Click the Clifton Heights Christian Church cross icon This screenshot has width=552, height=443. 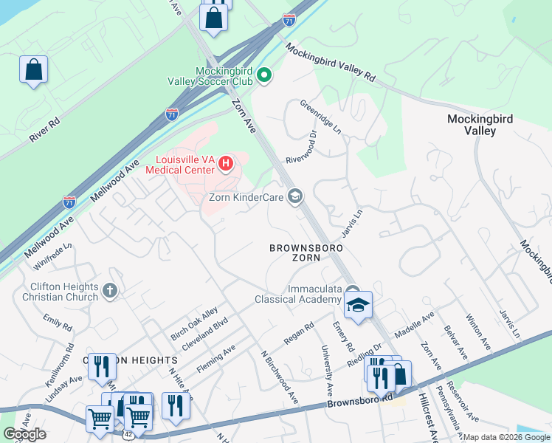coord(110,290)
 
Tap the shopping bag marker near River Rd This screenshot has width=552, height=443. coord(33,70)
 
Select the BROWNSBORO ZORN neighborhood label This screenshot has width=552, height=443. coord(294,252)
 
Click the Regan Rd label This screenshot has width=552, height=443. coord(299,334)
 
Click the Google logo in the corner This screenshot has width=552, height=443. coord(24,434)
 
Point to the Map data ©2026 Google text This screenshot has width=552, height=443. coord(506,437)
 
